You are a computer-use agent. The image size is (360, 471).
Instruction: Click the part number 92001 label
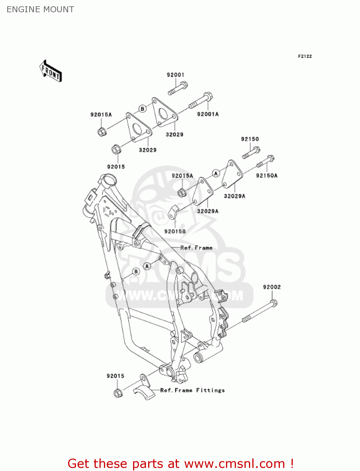click(175, 75)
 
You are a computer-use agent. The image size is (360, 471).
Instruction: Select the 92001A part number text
click(208, 114)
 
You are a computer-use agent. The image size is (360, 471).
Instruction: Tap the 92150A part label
click(267, 176)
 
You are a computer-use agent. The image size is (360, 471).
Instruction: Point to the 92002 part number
click(272, 287)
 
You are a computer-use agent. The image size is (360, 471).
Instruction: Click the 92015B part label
click(175, 232)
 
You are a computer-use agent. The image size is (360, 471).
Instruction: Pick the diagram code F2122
click(305, 56)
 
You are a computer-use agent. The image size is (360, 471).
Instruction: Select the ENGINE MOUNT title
click(40, 9)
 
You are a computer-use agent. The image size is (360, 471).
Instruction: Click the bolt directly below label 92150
click(251, 153)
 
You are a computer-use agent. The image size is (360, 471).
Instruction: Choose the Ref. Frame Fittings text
click(192, 390)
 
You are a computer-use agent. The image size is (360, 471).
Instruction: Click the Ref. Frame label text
click(196, 248)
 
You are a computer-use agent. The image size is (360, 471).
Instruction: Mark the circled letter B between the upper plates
click(142, 109)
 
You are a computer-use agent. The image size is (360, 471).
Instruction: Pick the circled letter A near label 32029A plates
click(216, 173)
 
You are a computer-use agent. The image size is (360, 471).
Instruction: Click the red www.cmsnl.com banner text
click(180, 463)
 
